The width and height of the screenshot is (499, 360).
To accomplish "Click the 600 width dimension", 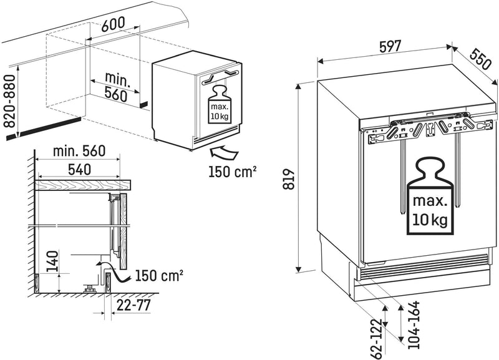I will tap(112, 22).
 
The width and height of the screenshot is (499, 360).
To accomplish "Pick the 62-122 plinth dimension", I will tap(376, 338).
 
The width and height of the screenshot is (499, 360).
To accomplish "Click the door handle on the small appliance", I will tap(218, 75).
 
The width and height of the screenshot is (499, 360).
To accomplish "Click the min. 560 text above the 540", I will tap(70, 150).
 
